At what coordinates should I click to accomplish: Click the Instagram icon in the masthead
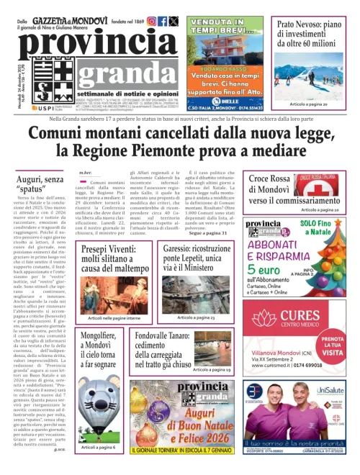tap(151, 22)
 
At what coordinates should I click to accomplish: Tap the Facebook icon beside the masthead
tap(163, 22)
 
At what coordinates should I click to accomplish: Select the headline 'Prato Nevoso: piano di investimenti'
tap(315, 33)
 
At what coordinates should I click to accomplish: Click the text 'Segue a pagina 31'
tap(208, 233)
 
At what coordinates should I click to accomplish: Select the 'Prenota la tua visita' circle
tap(334, 363)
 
